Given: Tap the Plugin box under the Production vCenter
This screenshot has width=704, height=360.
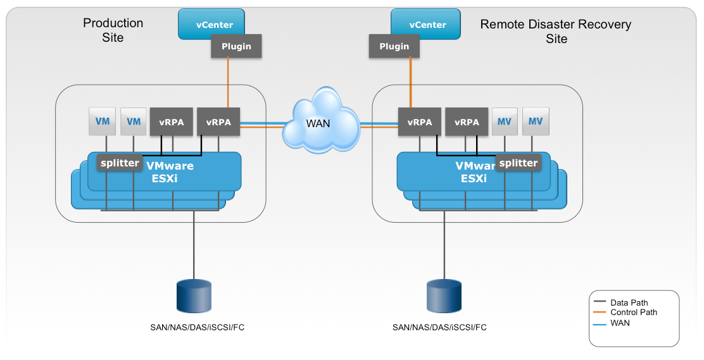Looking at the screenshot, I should [x=236, y=46].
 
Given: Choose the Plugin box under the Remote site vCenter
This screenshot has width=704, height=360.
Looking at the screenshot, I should [x=394, y=46].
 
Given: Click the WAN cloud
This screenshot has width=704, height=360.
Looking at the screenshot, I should [x=318, y=123].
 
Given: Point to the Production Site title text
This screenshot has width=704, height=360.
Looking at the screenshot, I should [x=113, y=30].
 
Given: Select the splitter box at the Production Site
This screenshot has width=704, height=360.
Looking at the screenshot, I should [x=119, y=163].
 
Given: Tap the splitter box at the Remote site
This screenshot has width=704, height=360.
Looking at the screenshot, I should [x=518, y=163].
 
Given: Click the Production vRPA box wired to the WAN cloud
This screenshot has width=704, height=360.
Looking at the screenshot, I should [x=218, y=122].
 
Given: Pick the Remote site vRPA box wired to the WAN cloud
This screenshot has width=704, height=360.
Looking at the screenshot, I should [x=420, y=122].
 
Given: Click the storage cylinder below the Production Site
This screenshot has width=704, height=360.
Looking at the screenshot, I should [x=192, y=297].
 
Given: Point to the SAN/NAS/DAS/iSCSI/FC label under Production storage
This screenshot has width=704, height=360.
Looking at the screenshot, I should [x=192, y=328].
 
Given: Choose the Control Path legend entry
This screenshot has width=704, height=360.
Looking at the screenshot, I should [x=633, y=312].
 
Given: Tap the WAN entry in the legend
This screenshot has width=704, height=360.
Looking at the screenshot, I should [x=620, y=323].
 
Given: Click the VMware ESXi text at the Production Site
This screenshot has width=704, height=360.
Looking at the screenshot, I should [x=170, y=172].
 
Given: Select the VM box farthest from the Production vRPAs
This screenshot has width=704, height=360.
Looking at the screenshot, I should [x=102, y=121].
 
